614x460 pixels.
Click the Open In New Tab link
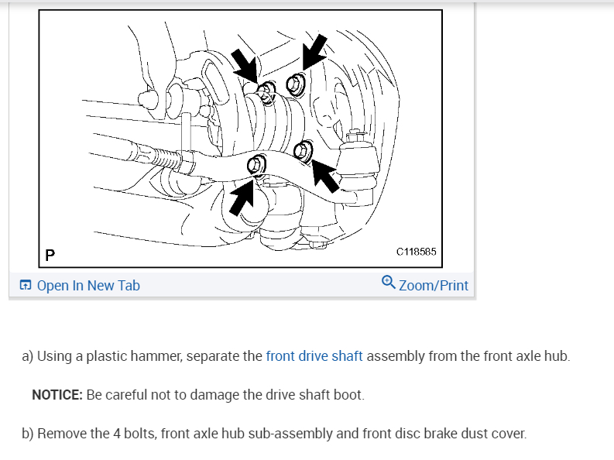[x=87, y=286]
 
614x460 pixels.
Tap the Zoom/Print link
[x=433, y=286]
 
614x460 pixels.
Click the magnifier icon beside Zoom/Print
[x=389, y=283]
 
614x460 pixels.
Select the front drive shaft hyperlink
[x=314, y=356]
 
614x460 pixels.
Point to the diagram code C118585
[x=416, y=252]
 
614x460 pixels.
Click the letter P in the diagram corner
[x=50, y=254]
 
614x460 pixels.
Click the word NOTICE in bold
[x=56, y=395]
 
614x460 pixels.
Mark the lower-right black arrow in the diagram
[x=328, y=179]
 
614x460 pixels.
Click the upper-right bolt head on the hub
[x=295, y=82]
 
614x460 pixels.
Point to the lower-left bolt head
[x=256, y=164]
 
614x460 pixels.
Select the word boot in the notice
[x=348, y=395]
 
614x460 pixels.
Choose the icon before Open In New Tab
[x=26, y=286]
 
